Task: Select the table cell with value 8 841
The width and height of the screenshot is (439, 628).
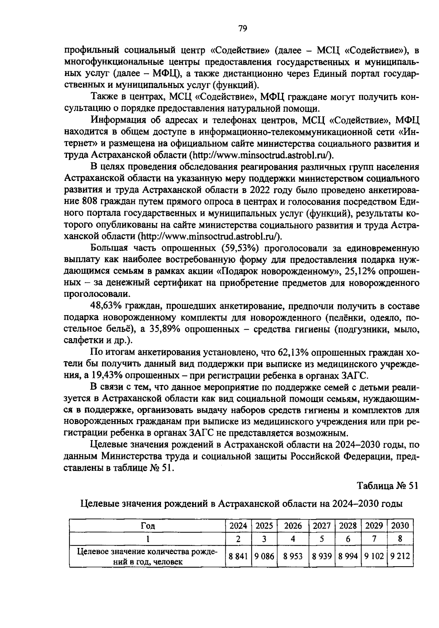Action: click(x=238, y=556)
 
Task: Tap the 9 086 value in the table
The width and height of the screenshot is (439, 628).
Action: click(x=264, y=556)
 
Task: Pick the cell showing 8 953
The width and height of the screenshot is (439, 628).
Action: click(x=293, y=556)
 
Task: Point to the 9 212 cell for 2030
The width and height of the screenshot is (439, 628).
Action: click(x=400, y=556)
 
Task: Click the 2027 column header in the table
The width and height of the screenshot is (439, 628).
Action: click(x=322, y=526)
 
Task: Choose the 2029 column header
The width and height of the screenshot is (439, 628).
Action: click(x=374, y=526)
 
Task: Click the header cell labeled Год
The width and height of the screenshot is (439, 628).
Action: click(x=147, y=526)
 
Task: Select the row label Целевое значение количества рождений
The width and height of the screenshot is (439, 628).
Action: click(x=147, y=556)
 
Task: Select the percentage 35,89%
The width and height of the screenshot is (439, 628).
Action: click(x=165, y=329)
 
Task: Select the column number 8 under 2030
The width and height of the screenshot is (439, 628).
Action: click(x=400, y=539)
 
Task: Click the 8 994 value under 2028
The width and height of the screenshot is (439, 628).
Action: click(x=348, y=556)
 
